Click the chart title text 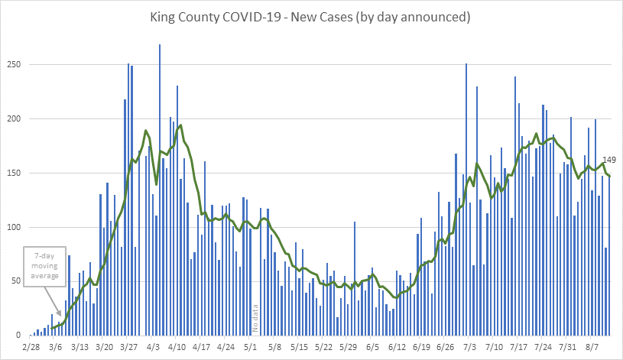tap(311, 16)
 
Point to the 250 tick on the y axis tap(13, 65)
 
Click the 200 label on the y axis tap(13, 119)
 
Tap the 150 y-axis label tap(13, 174)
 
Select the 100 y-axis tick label tap(13, 228)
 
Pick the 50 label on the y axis tap(15, 282)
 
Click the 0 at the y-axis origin tap(18, 336)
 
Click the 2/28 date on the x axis tap(31, 347)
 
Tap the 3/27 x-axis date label tap(129, 347)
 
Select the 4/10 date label tap(177, 347)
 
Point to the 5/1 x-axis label tap(251, 347)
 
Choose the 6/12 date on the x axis tap(397, 347)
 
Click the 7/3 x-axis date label tap(470, 347)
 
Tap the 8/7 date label tap(592, 347)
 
